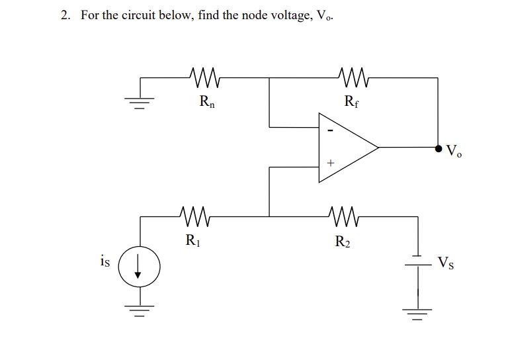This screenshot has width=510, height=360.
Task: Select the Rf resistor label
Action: click(352, 102)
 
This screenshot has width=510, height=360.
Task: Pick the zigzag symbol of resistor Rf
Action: click(351, 77)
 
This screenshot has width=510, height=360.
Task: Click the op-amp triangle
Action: click(344, 147)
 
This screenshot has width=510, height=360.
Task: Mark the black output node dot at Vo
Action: click(438, 148)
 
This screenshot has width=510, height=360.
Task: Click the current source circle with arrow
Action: click(139, 266)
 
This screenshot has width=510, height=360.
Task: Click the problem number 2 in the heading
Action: click(64, 15)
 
